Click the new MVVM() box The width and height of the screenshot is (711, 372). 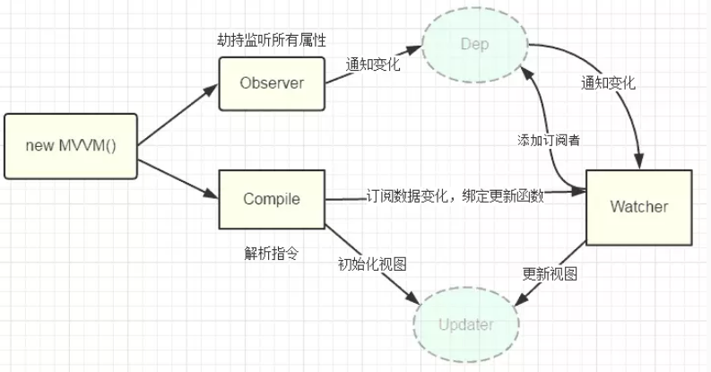(71, 145)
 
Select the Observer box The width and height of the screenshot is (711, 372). (272, 83)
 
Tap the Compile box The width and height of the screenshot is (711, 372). (272, 199)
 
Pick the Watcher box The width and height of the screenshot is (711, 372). (638, 207)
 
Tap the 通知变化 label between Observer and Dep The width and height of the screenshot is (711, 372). (371, 65)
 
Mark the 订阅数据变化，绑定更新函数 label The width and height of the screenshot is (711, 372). (455, 195)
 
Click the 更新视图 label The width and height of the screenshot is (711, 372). (549, 272)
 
